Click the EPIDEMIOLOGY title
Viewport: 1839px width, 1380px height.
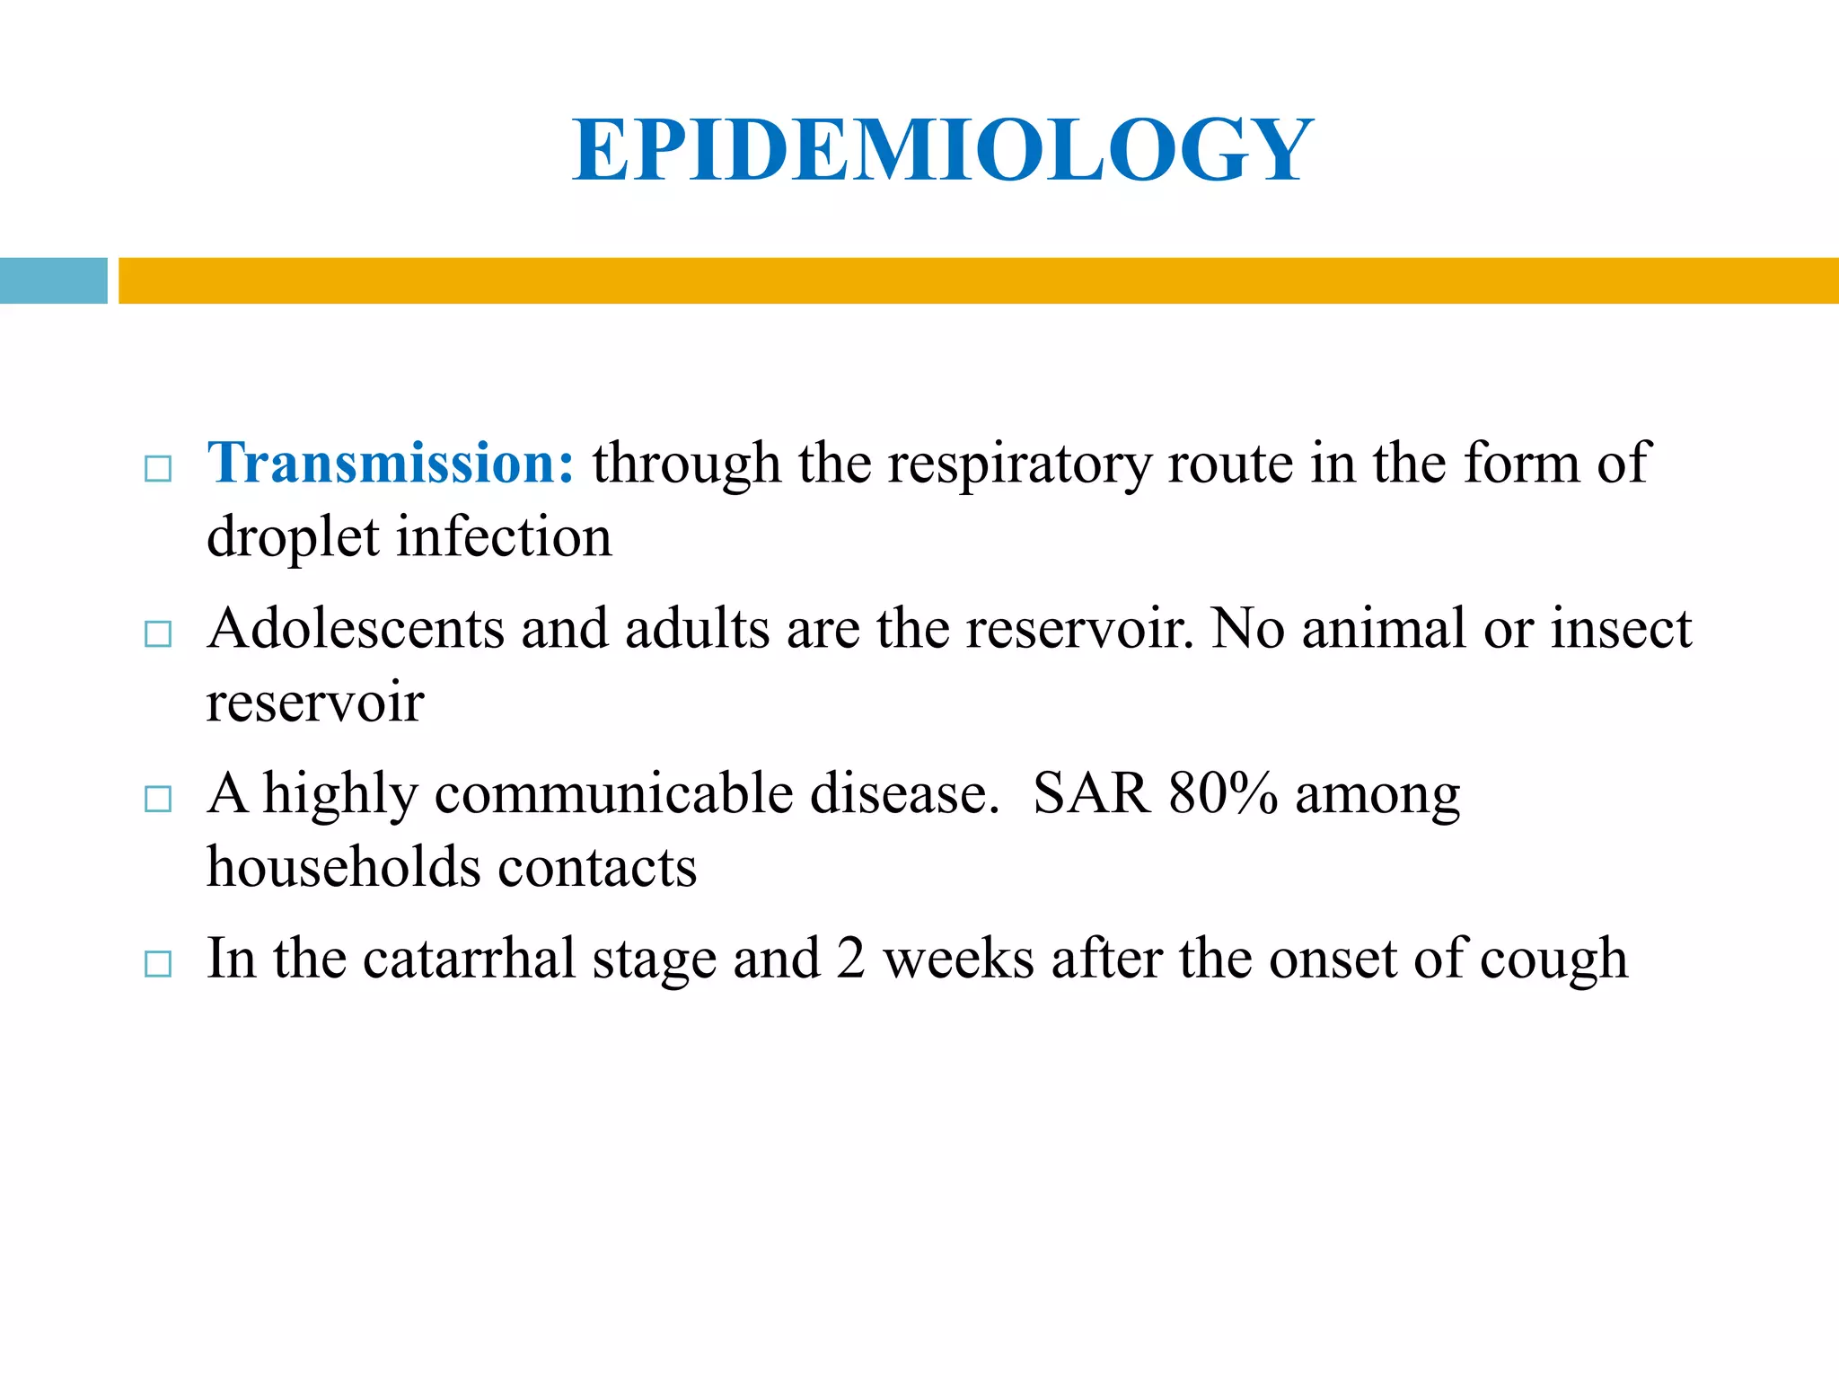pyautogui.click(x=943, y=150)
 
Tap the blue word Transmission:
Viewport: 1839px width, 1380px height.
pyautogui.click(x=391, y=464)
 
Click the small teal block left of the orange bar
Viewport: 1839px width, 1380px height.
pyautogui.click(x=53, y=280)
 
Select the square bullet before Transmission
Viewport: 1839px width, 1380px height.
pyautogui.click(x=158, y=469)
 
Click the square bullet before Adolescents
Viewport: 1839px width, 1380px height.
pyautogui.click(x=158, y=633)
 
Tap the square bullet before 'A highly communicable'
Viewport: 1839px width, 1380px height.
pyautogui.click(x=158, y=799)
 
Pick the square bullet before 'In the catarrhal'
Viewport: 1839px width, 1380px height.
pyautogui.click(x=158, y=964)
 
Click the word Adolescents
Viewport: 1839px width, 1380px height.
pyautogui.click(x=356, y=628)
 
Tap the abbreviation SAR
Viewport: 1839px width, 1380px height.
pyautogui.click(x=1091, y=794)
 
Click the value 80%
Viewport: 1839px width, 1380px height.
pyautogui.click(x=1222, y=794)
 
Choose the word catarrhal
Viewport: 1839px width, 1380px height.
pyautogui.click(x=469, y=959)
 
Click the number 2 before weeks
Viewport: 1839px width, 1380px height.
pyautogui.click(x=850, y=959)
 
